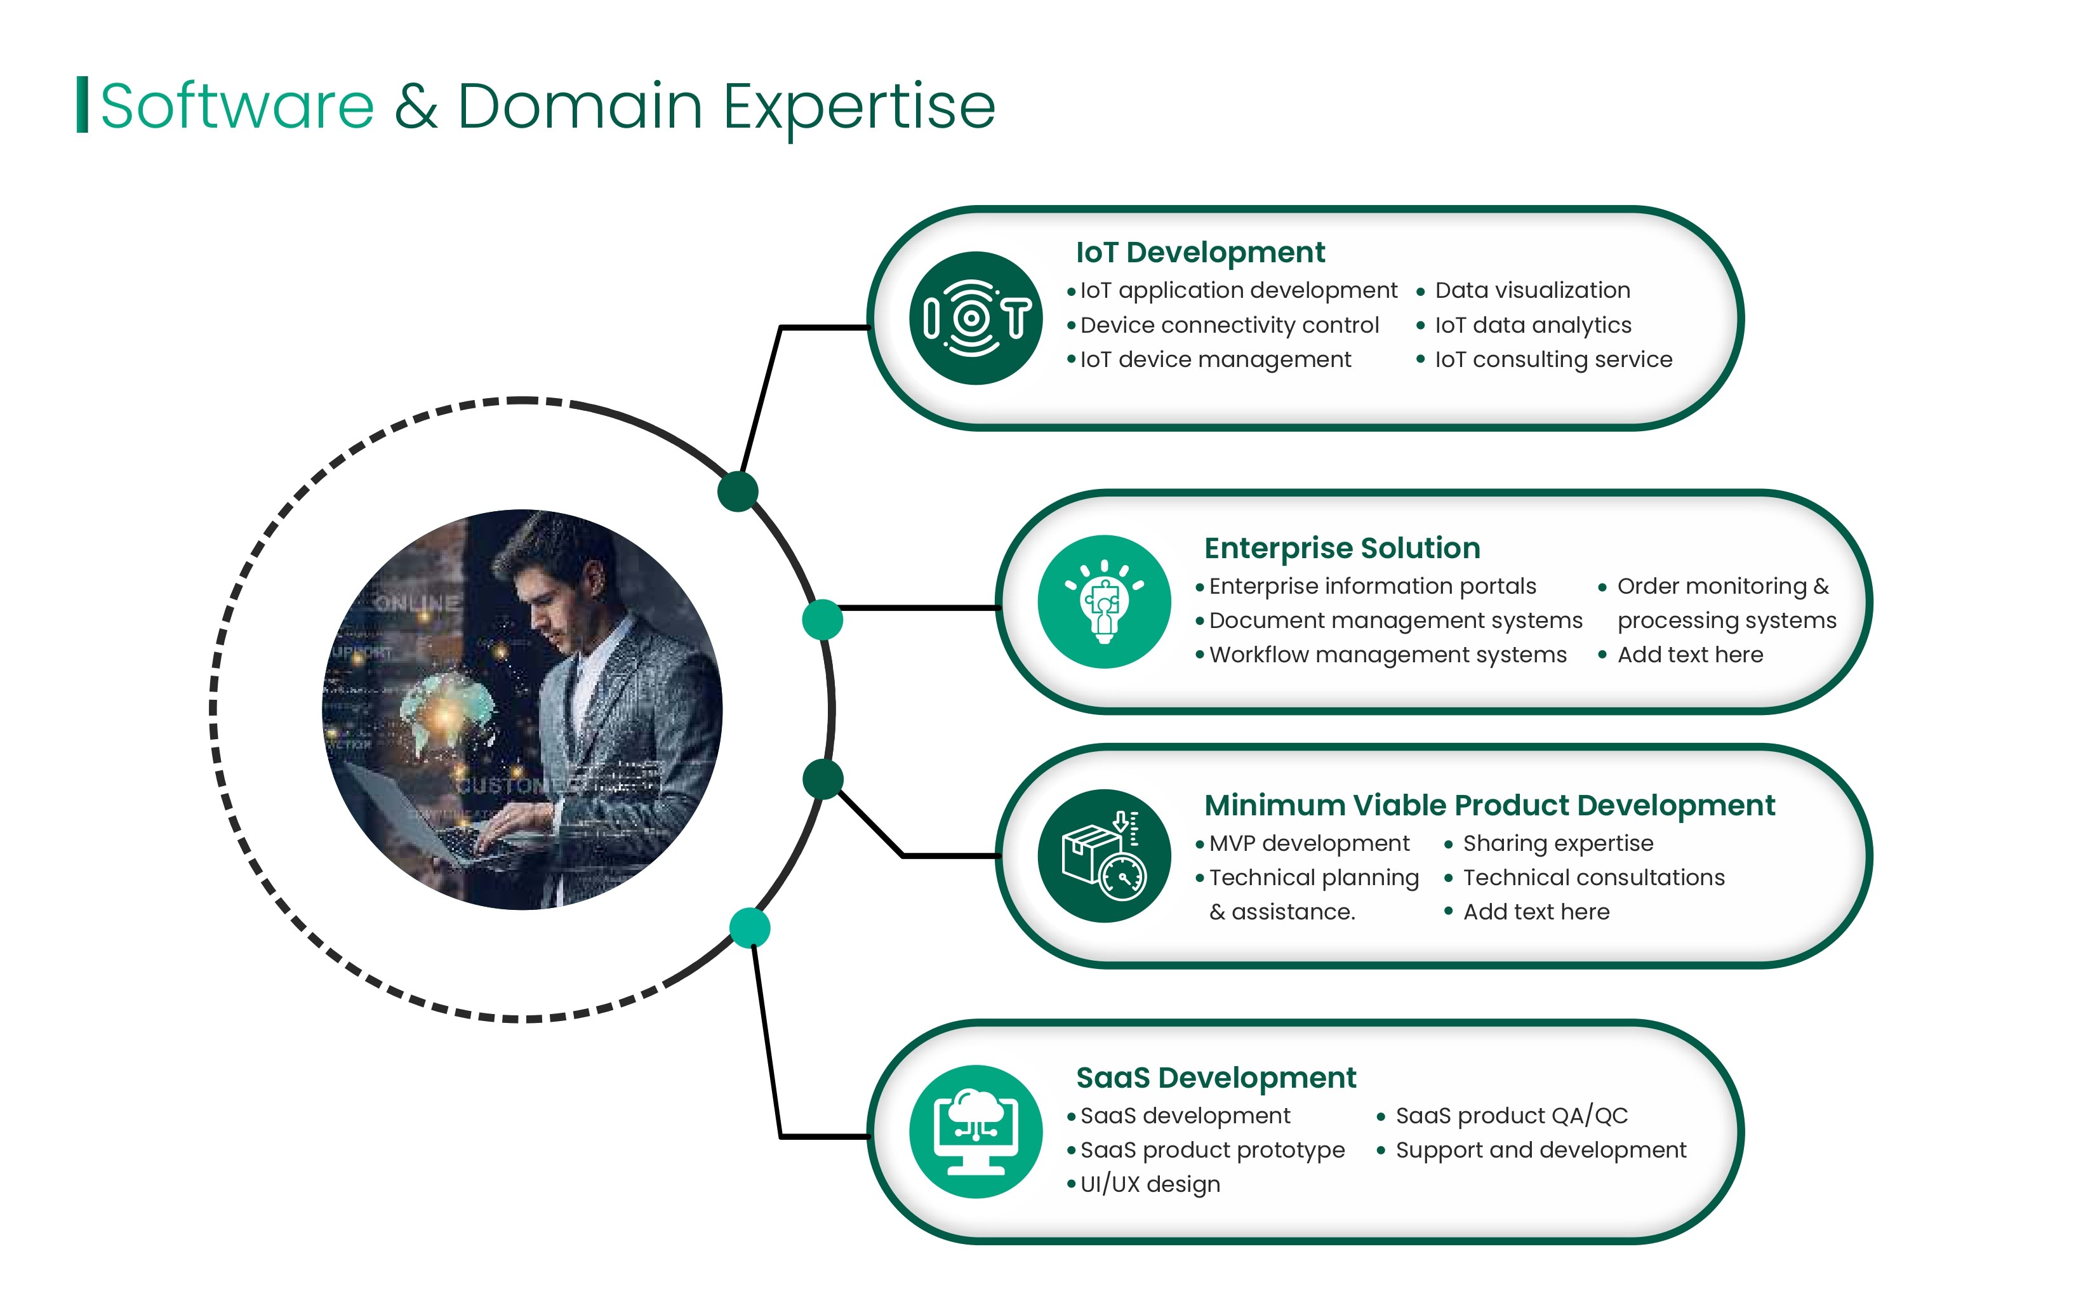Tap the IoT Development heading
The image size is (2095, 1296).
(1200, 252)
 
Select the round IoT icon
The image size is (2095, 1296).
(976, 318)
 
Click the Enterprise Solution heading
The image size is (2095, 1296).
(1342, 548)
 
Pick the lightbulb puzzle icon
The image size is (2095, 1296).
(1103, 602)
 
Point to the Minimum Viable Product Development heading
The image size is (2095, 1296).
(1489, 805)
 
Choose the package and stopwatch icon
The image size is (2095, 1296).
(1103, 855)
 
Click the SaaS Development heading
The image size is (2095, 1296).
(1216, 1078)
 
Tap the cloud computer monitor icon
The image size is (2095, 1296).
(976, 1132)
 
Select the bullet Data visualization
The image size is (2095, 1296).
(1532, 291)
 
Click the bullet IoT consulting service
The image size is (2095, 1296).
(1553, 359)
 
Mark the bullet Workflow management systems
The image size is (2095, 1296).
(1387, 655)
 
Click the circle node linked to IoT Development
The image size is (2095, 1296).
(738, 491)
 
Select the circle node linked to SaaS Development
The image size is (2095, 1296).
(750, 928)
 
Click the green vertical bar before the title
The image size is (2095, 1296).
(83, 105)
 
